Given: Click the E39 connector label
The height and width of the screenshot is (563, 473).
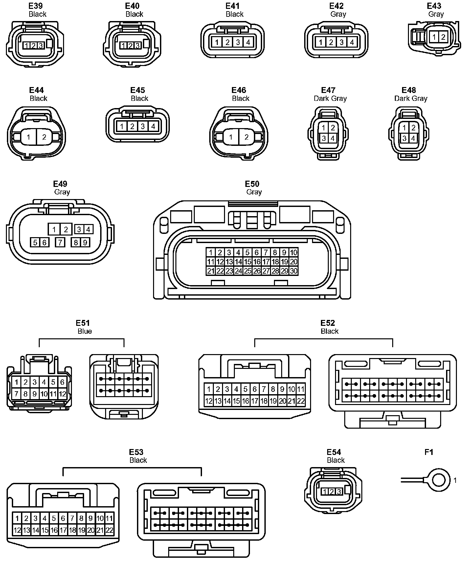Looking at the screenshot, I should click(x=36, y=6).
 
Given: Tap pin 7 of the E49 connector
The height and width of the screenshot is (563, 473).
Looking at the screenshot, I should click(x=60, y=242).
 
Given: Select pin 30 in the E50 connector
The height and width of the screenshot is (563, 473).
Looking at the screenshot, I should click(x=294, y=271).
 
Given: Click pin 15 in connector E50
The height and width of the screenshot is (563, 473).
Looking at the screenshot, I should click(x=248, y=262).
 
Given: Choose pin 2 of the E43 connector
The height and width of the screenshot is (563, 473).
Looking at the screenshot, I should click(x=443, y=37).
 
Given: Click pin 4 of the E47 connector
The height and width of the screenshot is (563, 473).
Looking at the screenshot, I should click(x=332, y=138).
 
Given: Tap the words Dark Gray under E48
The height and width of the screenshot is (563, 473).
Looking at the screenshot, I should click(x=411, y=99).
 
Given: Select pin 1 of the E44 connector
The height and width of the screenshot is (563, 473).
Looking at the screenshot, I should click(x=29, y=137).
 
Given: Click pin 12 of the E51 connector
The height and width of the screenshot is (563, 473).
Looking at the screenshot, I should click(x=62, y=394).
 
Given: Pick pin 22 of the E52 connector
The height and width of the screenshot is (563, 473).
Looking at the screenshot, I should click(x=301, y=401).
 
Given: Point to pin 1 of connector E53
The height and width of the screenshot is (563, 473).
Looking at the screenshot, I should click(x=17, y=518).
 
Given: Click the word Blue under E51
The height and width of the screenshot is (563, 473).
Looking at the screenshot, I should click(x=84, y=331).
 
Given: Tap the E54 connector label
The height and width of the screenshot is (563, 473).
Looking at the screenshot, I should click(x=334, y=452).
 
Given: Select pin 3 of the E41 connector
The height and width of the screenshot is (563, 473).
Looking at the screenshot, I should click(x=238, y=42).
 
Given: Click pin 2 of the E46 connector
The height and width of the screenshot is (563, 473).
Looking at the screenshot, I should click(x=246, y=137).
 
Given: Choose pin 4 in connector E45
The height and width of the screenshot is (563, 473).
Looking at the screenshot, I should click(x=153, y=126).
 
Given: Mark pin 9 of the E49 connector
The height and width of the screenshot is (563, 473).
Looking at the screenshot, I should click(x=85, y=242).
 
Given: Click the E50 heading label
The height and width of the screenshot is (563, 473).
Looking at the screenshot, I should click(x=252, y=184).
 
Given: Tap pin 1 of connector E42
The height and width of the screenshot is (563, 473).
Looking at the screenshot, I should click(x=321, y=42).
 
